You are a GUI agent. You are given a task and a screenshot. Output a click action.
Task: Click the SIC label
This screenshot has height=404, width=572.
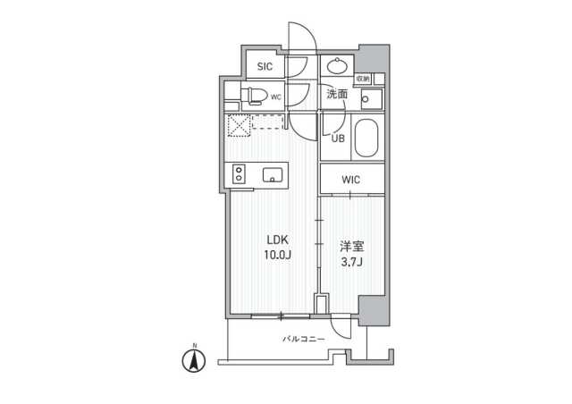265,66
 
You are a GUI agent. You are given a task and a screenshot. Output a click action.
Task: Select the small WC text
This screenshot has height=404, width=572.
277,96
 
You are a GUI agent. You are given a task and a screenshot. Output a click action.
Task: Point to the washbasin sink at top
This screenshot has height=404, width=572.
338,65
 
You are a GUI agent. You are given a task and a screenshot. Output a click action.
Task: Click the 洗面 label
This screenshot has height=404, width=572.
337,94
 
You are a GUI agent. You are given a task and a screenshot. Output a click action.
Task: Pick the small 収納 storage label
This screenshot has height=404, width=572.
362,79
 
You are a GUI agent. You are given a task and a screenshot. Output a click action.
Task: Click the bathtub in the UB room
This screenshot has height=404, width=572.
366,139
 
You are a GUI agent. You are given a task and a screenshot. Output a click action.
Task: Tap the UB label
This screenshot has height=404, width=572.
339,138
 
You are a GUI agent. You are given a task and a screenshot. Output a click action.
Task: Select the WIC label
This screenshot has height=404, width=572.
351,180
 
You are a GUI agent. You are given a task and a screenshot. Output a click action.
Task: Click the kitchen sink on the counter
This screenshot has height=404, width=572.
272,175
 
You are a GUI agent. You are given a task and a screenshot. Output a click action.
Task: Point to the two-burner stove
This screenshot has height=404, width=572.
240,174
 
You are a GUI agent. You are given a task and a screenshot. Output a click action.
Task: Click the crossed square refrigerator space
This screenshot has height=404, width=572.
238,127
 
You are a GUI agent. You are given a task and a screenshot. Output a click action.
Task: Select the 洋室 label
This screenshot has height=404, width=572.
349,245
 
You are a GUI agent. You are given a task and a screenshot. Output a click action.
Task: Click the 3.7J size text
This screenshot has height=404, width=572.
349,261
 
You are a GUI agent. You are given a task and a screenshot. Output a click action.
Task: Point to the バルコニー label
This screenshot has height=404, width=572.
304,339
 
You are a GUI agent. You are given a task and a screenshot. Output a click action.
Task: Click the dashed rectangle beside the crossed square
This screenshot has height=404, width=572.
267,122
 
